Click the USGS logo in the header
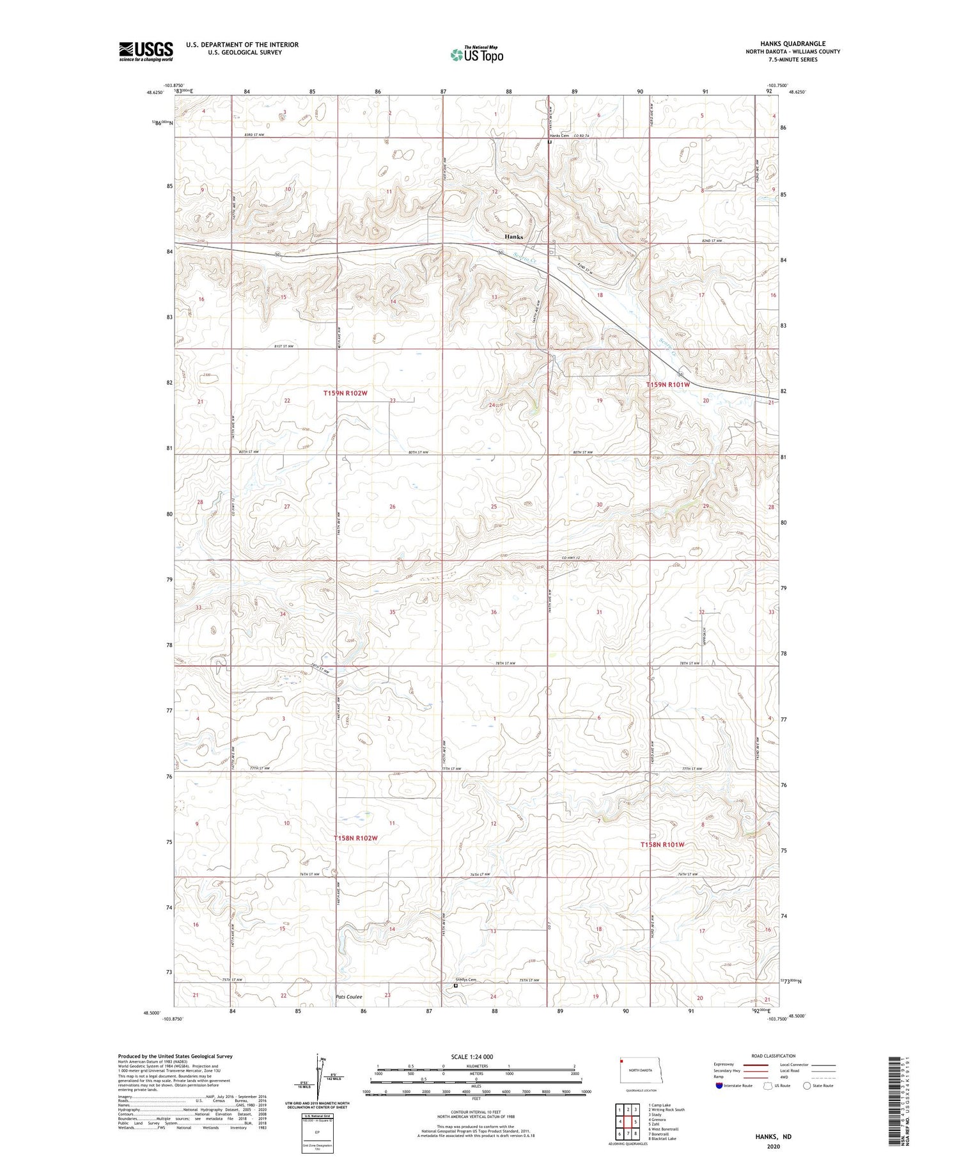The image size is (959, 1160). click(x=146, y=51)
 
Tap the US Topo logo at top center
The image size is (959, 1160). click(x=476, y=54)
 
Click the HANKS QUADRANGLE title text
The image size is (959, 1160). click(x=792, y=44)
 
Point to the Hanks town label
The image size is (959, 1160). click(x=513, y=237)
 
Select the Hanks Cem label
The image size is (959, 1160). click(x=559, y=136)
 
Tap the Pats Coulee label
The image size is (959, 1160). click(x=348, y=996)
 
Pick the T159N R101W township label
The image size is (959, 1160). click(x=667, y=385)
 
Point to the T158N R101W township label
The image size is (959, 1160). click(x=662, y=845)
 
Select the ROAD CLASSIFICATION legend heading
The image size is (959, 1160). click(x=774, y=1056)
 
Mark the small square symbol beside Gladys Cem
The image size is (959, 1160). click(x=455, y=986)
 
